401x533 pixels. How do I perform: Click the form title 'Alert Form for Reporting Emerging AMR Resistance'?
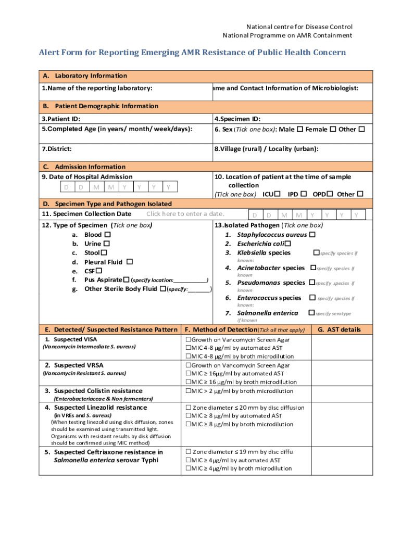click(192, 53)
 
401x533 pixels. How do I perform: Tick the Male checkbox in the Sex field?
click(299, 129)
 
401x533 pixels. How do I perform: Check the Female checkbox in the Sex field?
click(332, 129)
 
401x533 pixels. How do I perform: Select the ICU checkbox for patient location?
click(278, 194)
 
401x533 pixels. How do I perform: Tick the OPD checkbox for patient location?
click(330, 194)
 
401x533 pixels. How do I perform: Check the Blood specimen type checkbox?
click(107, 235)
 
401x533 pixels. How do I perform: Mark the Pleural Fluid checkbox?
click(130, 262)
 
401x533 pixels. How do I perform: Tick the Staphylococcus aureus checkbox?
click(312, 235)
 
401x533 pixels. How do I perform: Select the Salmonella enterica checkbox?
click(311, 313)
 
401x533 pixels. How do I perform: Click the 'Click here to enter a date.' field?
click(185, 214)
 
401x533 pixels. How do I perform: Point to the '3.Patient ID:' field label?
click(61, 119)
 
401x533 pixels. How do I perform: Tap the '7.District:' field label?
click(57, 149)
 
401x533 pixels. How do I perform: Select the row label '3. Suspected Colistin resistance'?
click(93, 391)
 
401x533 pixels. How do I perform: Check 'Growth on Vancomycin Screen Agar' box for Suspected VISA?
click(188, 339)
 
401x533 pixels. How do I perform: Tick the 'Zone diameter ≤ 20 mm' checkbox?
click(188, 408)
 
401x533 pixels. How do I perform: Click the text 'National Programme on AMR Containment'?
click(287, 35)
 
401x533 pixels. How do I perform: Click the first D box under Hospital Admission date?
click(66, 187)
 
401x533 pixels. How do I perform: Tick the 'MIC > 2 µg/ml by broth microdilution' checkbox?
click(188, 391)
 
